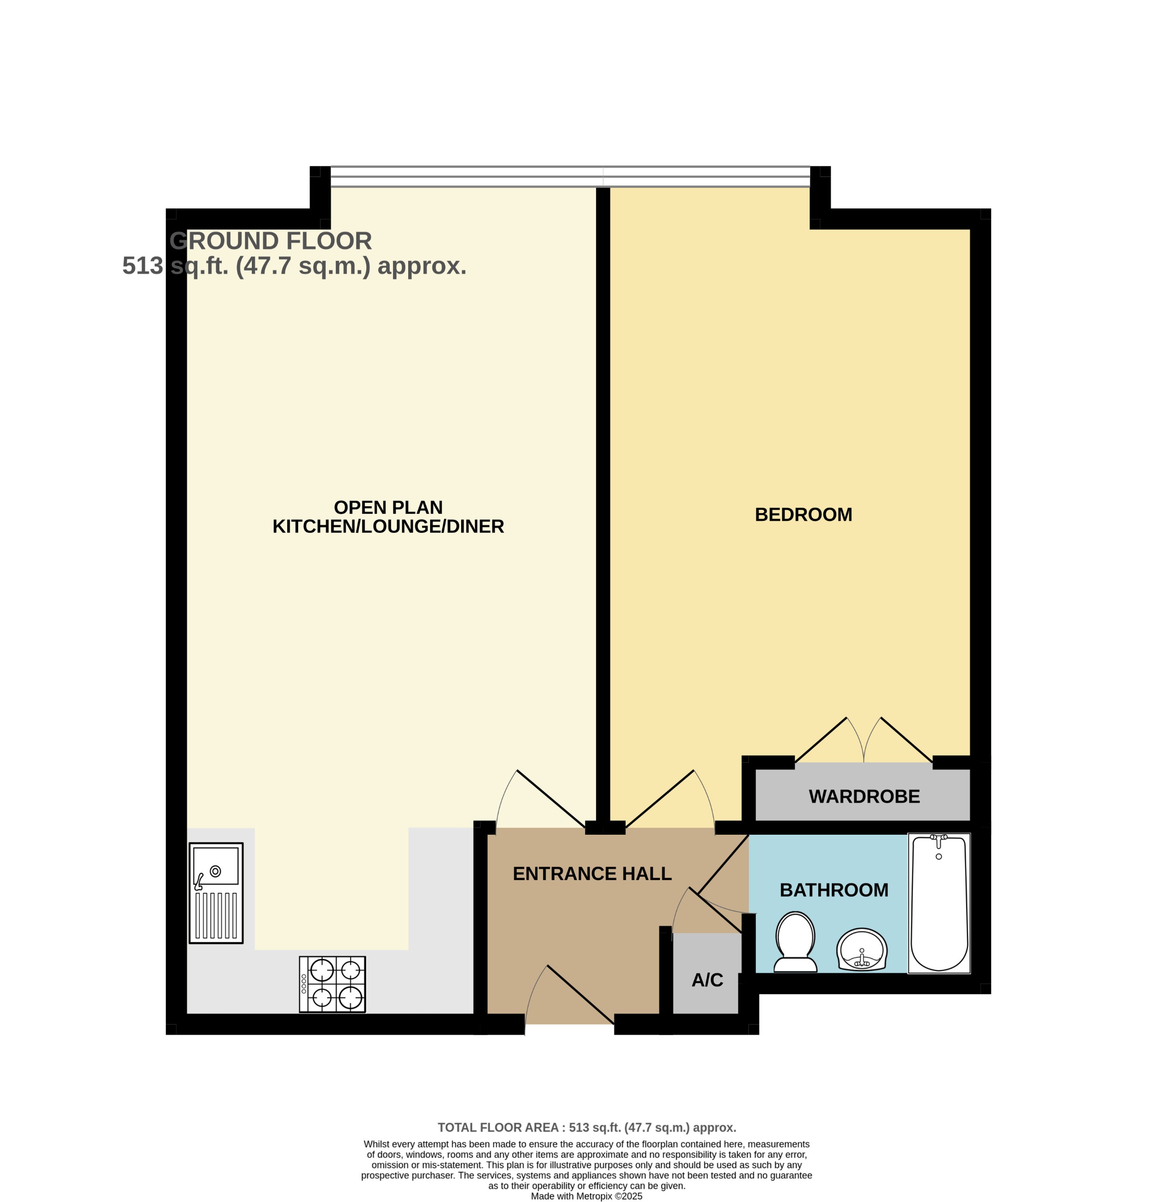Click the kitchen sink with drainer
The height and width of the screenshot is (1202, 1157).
(x=216, y=892)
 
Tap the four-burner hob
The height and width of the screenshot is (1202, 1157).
(x=332, y=984)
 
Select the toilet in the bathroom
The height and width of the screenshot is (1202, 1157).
(x=795, y=942)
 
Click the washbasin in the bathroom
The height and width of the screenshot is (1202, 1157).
(x=861, y=949)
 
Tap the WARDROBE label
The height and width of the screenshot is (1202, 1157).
(x=864, y=797)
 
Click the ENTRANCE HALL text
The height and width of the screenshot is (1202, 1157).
(x=592, y=873)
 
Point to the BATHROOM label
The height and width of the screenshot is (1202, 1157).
(x=833, y=890)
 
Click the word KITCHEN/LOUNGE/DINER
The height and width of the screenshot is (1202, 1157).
(x=388, y=526)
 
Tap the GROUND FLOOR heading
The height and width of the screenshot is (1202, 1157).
(x=270, y=241)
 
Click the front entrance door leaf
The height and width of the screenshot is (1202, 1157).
(x=580, y=994)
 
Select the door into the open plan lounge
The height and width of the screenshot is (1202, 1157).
(x=551, y=798)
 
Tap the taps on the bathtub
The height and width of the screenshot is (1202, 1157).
(x=938, y=839)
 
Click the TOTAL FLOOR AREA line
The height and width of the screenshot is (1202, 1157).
(x=586, y=1127)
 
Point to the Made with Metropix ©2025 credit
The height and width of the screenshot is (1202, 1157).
(x=586, y=1196)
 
